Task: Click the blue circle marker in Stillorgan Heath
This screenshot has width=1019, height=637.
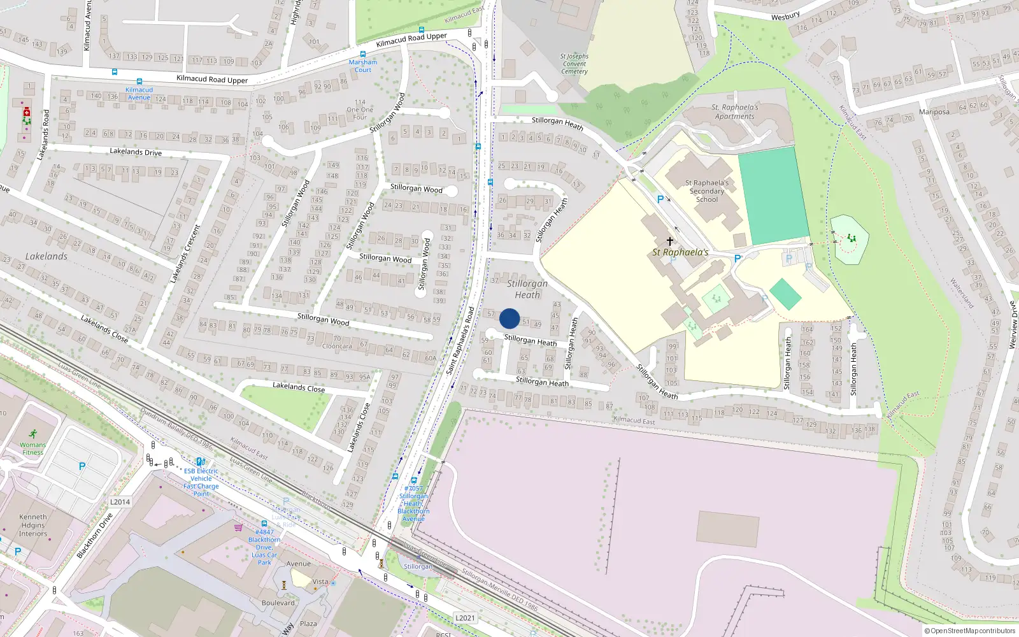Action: click(509, 318)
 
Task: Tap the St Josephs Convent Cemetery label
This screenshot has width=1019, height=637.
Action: click(574, 64)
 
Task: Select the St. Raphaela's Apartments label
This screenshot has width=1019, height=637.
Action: click(734, 112)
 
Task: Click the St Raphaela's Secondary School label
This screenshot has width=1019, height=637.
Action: click(707, 191)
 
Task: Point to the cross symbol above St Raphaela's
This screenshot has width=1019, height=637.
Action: click(669, 241)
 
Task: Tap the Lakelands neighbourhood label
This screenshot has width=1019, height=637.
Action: click(46, 256)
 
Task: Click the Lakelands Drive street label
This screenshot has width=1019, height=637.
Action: click(136, 152)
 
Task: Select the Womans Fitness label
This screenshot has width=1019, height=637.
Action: click(32, 448)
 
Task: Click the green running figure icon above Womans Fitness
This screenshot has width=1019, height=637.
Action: click(32, 434)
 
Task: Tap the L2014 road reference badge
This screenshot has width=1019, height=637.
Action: click(120, 502)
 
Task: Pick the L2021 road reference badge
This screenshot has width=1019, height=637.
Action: click(465, 618)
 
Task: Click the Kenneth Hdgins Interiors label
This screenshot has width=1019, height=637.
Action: click(33, 526)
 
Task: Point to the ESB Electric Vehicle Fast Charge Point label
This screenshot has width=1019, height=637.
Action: click(201, 482)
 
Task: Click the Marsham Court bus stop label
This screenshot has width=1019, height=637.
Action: click(363, 66)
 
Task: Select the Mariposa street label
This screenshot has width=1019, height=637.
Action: click(934, 112)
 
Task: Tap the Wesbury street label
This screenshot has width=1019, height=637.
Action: click(785, 16)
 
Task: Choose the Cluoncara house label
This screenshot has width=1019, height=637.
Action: click(337, 346)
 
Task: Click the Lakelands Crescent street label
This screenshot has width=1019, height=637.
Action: click(185, 254)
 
